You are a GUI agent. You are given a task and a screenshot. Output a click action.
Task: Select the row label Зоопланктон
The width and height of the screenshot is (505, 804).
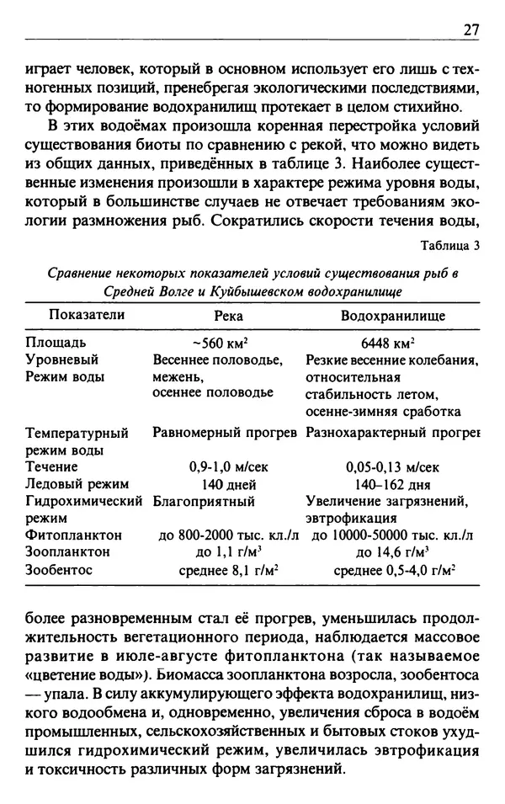point(68,552)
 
